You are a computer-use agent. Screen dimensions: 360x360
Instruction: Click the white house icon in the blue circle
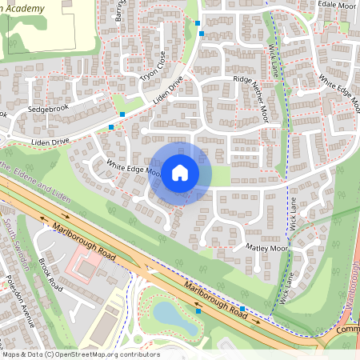point(180,173)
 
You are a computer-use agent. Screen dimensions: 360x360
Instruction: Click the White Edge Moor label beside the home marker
point(134,168)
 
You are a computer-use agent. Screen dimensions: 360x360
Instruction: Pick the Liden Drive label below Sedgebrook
point(51,142)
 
